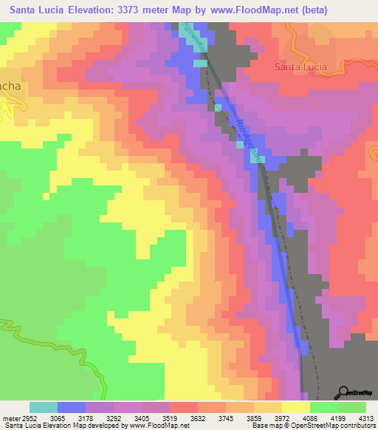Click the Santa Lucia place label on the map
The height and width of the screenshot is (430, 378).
click(x=300, y=66)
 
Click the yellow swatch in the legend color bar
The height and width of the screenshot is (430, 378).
click(x=295, y=407)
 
